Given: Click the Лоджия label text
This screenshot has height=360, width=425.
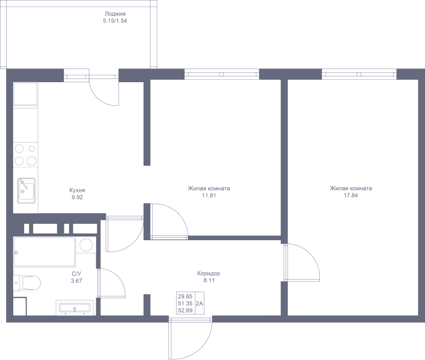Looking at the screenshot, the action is click(115, 14).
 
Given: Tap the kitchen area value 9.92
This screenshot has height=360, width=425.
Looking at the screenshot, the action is click(77, 197).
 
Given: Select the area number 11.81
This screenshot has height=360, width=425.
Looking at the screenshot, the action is click(209, 195).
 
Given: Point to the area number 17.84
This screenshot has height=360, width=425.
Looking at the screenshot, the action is click(351, 195).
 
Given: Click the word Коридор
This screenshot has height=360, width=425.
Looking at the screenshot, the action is click(209, 273).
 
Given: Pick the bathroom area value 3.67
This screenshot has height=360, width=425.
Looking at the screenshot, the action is click(76, 281).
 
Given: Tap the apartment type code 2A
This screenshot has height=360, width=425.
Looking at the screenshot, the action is click(199, 303).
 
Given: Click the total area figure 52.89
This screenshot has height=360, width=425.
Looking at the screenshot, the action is click(185, 310).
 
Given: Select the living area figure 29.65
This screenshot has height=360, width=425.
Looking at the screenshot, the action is click(185, 296).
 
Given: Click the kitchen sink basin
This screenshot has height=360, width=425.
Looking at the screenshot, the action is click(26, 191).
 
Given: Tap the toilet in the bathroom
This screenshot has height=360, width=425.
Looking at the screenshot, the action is click(27, 283).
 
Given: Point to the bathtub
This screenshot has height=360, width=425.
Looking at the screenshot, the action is click(44, 252).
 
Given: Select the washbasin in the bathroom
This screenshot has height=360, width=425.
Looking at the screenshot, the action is click(75, 308).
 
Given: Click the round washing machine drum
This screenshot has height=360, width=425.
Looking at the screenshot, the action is click(86, 245).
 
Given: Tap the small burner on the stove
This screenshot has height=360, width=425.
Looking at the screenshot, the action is click(32, 149).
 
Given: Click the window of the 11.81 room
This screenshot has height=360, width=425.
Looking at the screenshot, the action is click(222, 74).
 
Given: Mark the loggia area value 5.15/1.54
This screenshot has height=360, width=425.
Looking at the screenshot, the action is click(115, 21).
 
